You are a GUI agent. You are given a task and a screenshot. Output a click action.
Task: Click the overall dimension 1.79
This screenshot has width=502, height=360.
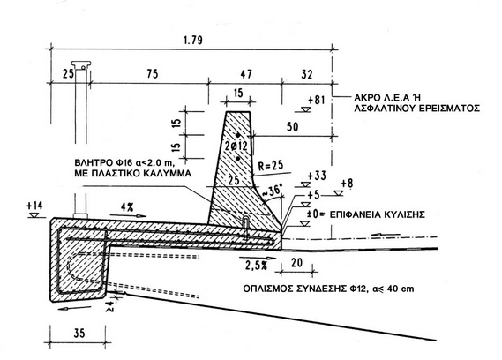pyautogui.click(x=193, y=41)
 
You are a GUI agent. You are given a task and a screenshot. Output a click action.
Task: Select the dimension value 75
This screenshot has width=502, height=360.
pyautogui.click(x=153, y=73)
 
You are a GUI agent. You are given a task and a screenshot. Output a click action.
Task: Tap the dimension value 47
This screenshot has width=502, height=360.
pyautogui.click(x=246, y=74)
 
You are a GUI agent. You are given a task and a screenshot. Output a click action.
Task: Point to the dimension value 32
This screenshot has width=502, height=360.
pyautogui.click(x=307, y=74)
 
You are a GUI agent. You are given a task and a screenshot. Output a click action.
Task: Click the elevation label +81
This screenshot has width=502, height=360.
pyautogui.click(x=317, y=101)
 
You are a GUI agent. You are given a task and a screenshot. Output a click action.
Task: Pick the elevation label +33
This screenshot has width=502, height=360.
pyautogui.click(x=317, y=176)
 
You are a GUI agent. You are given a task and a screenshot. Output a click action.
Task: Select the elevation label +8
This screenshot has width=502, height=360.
pyautogui.click(x=347, y=184)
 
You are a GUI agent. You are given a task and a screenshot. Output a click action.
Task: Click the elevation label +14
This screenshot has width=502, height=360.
pyautogui.click(x=34, y=206)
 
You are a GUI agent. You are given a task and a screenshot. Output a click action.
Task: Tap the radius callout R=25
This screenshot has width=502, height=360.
pyautogui.click(x=271, y=165)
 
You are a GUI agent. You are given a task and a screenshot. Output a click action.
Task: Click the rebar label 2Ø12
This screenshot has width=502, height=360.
pyautogui.click(x=236, y=146)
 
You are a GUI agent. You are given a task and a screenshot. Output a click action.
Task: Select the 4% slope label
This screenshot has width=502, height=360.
pyautogui.click(x=127, y=207)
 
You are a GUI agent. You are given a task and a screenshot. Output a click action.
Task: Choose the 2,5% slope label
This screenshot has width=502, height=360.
pyautogui.click(x=256, y=266)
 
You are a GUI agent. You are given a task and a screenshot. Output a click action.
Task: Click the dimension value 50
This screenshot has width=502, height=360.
pyautogui.click(x=292, y=127)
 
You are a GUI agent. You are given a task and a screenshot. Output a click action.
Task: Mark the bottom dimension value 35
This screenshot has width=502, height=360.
pyautogui.click(x=79, y=334)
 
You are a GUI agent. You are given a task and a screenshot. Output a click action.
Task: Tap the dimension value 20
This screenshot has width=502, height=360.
pyautogui.click(x=296, y=263)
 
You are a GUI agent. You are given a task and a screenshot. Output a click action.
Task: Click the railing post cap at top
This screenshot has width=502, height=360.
pyautogui.click(x=81, y=64)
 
